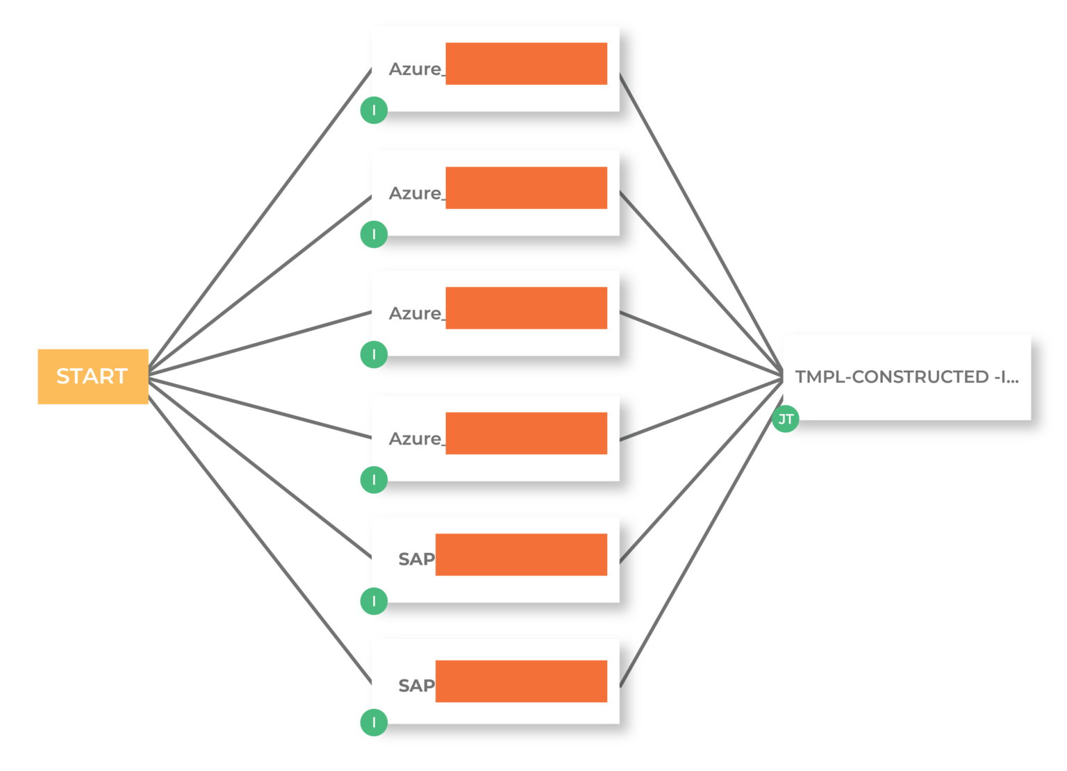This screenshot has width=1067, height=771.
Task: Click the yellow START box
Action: pyautogui.click(x=92, y=376)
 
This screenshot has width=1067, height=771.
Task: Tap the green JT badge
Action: pyautogui.click(x=785, y=419)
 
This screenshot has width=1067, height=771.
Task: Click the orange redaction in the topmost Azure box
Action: pyautogui.click(x=526, y=64)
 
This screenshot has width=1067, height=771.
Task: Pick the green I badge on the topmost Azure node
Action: pyautogui.click(x=374, y=110)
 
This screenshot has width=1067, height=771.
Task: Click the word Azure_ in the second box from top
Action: pyautogui.click(x=415, y=194)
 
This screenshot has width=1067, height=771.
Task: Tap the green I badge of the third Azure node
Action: pyautogui.click(x=374, y=354)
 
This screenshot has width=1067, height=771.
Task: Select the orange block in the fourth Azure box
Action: pyautogui.click(x=526, y=433)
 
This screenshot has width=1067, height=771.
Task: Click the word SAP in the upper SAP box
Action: pyautogui.click(x=416, y=559)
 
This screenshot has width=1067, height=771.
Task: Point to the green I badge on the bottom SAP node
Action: pyautogui.click(x=374, y=722)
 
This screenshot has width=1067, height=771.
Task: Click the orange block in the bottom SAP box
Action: pyautogui.click(x=521, y=681)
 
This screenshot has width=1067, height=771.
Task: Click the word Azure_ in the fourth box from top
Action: pyautogui.click(x=415, y=439)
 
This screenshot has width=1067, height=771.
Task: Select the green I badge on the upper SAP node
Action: pyautogui.click(x=374, y=601)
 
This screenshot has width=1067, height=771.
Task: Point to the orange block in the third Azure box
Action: pyautogui.click(x=526, y=308)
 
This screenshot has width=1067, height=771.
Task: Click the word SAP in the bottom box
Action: pyautogui.click(x=416, y=686)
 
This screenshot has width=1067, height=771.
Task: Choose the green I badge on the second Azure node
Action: pyautogui.click(x=374, y=234)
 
